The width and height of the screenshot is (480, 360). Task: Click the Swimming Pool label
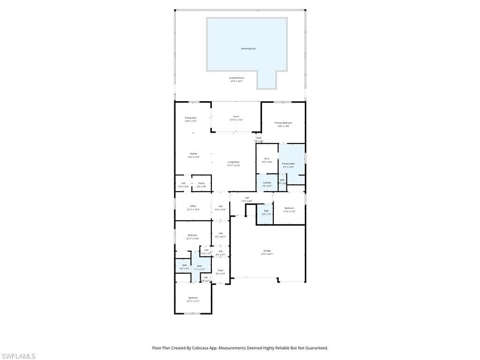(x=248, y=49)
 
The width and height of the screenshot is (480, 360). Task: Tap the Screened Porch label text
(x=237, y=78)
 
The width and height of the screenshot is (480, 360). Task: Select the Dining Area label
(x=190, y=118)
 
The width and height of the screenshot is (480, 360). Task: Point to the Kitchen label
(x=194, y=154)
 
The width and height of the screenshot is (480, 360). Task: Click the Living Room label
(x=233, y=162)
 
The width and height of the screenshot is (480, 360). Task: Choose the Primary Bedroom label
(x=283, y=123)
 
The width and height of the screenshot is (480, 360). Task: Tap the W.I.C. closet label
(x=267, y=159)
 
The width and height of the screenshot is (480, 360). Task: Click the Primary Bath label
(x=288, y=164)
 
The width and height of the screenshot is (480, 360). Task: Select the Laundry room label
(x=267, y=183)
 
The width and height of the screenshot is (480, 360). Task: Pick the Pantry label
(x=201, y=183)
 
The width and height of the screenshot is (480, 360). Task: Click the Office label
(x=193, y=206)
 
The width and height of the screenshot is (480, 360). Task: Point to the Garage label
(x=267, y=251)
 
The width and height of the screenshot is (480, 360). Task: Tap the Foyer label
(x=220, y=270)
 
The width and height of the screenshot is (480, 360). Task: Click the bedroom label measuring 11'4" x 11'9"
(x=289, y=208)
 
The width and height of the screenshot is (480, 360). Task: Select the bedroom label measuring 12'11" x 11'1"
(x=193, y=298)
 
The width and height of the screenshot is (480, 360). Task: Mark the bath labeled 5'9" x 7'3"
(x=266, y=211)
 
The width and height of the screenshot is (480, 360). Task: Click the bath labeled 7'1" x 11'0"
(x=199, y=266)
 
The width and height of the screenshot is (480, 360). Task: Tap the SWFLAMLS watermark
(x=18, y=357)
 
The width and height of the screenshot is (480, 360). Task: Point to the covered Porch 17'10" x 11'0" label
(x=236, y=117)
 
